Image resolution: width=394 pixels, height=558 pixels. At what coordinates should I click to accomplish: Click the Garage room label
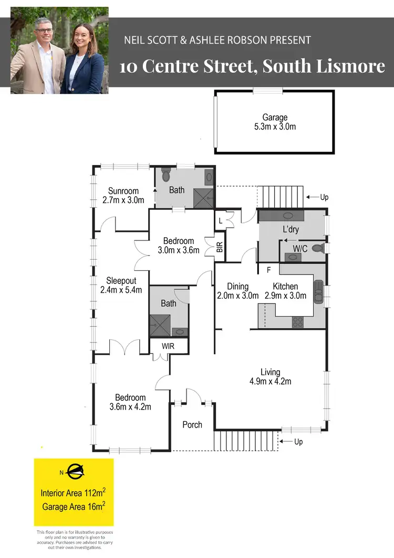[x=275, y=118]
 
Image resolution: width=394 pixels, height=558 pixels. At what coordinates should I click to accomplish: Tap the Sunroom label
[x=123, y=191]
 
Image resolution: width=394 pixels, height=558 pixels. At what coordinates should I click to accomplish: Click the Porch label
[x=192, y=424]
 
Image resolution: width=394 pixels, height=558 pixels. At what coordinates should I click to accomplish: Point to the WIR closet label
[x=168, y=347]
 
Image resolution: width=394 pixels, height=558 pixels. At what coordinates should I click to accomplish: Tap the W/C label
[x=300, y=248]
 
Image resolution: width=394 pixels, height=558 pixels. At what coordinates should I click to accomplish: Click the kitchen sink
[x=319, y=292]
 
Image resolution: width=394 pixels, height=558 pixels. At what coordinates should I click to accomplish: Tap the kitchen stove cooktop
[x=298, y=321]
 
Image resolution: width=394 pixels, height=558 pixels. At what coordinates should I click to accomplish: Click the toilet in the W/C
[x=317, y=248]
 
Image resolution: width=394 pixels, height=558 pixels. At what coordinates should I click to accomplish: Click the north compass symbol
[x=75, y=472]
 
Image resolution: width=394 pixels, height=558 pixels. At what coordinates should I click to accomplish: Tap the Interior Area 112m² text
[x=74, y=493]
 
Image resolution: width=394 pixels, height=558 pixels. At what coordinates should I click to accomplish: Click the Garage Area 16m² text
[x=74, y=507]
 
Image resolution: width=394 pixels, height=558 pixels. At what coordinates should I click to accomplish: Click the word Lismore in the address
[x=356, y=67]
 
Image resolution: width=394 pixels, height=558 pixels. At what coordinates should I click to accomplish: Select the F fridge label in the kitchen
[x=268, y=270]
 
